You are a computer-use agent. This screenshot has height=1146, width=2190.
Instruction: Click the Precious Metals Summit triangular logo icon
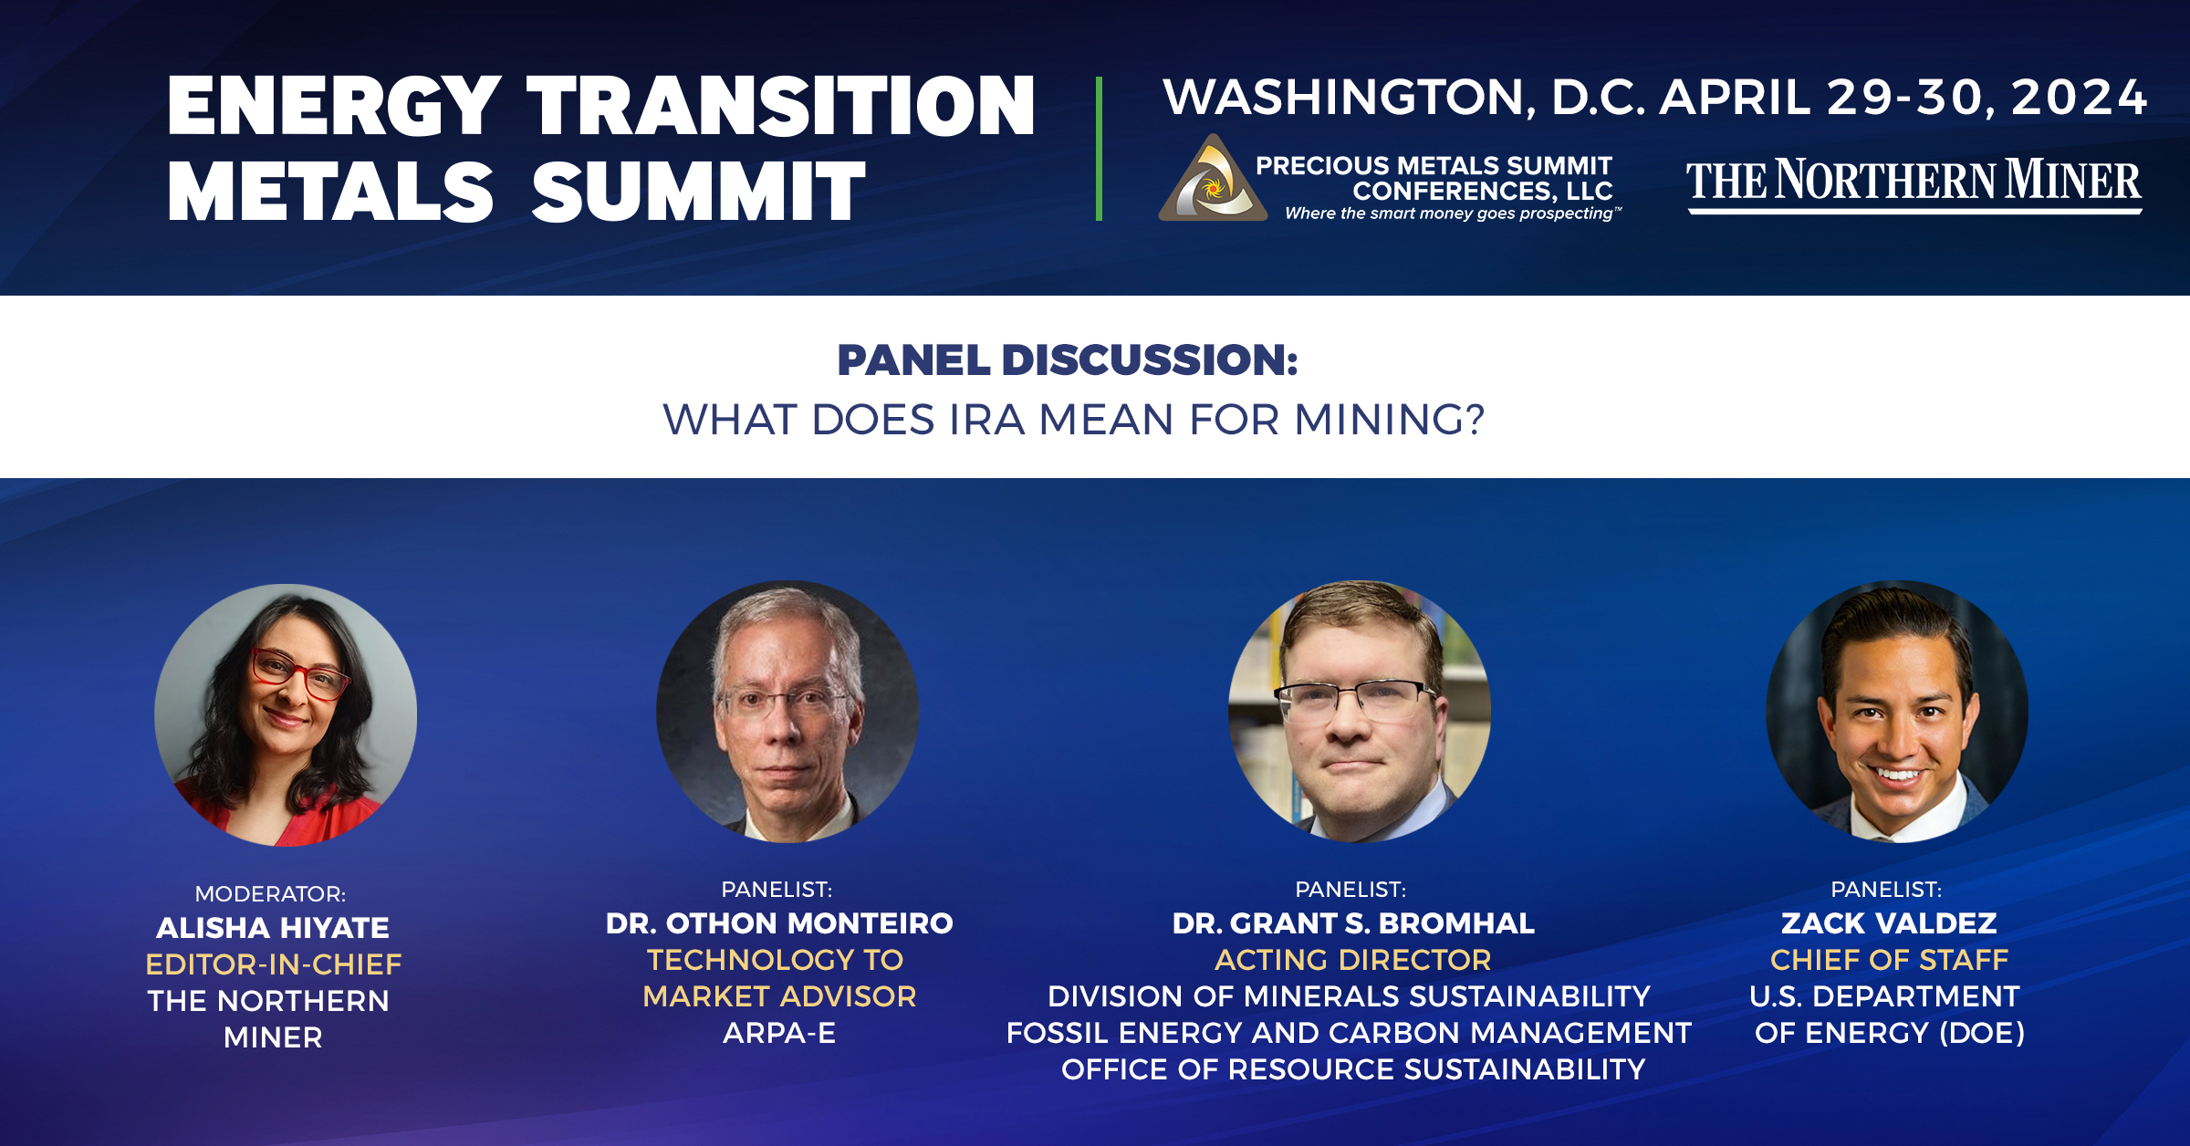[1213, 179]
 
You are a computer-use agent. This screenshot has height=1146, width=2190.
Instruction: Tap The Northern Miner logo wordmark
[1914, 183]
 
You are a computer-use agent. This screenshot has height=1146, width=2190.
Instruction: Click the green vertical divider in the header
[1099, 149]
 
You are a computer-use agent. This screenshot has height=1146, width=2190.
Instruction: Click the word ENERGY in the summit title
[334, 106]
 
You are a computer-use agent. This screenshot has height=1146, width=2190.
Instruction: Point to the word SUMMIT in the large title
[698, 192]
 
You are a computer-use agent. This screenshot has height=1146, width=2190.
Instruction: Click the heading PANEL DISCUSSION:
[1068, 359]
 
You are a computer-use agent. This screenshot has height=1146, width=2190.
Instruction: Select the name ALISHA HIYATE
[273, 927]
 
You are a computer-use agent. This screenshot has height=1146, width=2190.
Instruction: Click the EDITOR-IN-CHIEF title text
[273, 964]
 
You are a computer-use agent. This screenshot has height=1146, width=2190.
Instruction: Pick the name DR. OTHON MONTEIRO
[779, 923]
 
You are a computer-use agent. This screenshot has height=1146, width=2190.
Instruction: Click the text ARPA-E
[779, 1033]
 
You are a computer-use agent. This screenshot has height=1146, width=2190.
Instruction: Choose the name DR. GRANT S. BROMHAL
[1353, 923]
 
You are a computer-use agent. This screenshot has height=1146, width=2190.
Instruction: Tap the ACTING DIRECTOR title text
[1353, 960]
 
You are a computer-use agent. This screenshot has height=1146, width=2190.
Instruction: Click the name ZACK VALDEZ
[1889, 923]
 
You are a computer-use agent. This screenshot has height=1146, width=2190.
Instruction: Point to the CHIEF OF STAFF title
[1889, 960]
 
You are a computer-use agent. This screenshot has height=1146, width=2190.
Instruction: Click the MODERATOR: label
[270, 893]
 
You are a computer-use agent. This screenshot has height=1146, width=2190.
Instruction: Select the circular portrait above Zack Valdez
[1897, 712]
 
